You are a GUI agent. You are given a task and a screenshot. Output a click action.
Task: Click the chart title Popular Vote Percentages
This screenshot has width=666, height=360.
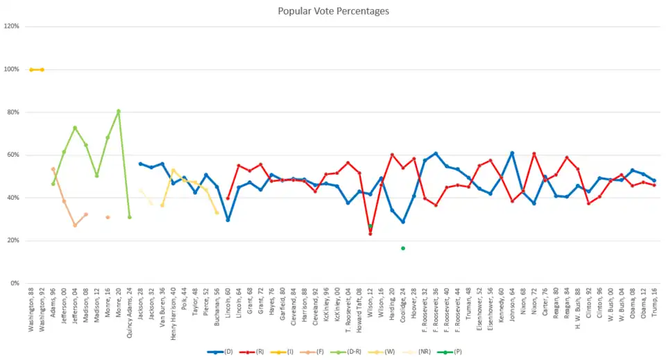point(333,12)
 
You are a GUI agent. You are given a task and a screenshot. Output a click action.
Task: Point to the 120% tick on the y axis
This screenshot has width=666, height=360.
point(12,26)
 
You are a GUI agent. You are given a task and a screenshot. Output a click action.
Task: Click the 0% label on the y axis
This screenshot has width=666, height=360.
point(14,283)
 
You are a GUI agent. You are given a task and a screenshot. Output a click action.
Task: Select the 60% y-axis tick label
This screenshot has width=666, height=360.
point(12,155)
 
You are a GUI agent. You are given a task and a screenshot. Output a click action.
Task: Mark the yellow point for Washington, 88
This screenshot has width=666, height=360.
point(31,69)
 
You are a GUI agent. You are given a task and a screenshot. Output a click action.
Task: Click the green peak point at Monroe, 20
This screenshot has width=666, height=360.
point(119,111)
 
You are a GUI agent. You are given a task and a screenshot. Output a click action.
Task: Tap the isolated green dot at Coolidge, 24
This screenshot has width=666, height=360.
point(402,248)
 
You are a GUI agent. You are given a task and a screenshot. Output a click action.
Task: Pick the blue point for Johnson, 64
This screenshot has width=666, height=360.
point(512,153)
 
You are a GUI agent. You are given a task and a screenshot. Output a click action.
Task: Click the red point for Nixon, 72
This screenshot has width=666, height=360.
point(533,154)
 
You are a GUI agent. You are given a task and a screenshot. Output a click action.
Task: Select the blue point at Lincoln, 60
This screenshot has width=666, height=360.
point(228,220)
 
